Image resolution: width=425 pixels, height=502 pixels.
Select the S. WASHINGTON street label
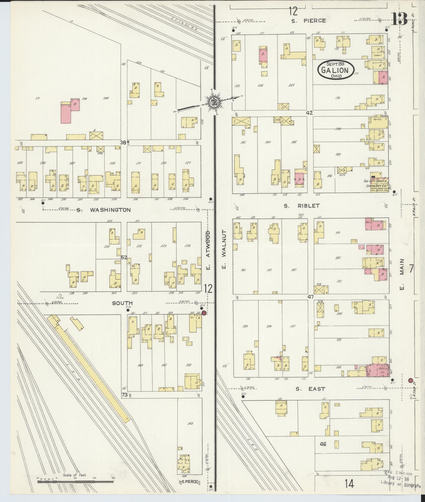[x=104, y=210]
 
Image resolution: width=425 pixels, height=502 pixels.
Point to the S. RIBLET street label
[x=302, y=206]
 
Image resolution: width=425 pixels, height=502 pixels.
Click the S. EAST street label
[x=310, y=389]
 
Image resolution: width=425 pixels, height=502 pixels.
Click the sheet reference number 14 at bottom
[x=349, y=484]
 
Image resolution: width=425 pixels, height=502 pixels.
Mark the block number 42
[x=310, y=113]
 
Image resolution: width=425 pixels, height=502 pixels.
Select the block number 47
[x=310, y=297]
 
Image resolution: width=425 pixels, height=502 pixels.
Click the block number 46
[x=323, y=444]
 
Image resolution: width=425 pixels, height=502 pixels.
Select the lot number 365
[x=190, y=424]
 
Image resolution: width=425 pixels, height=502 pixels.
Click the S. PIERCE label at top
[x=309, y=21]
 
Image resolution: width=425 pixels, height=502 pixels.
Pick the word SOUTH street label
[x=122, y=303]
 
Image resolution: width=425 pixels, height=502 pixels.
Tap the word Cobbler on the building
[x=377, y=55]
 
